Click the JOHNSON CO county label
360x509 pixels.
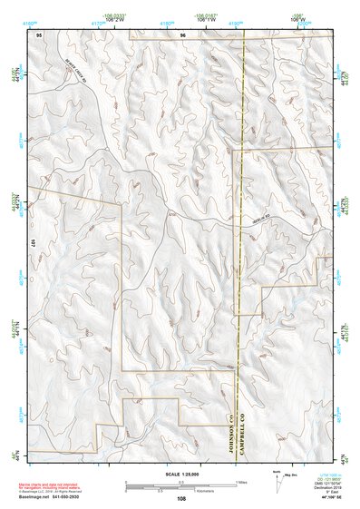[231, 434]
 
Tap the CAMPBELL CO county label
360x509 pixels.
[243, 434]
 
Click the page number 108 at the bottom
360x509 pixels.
[181, 498]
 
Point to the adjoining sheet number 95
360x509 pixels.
[39, 34]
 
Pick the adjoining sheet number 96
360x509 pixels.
[182, 34]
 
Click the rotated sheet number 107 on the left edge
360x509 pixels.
[31, 243]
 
